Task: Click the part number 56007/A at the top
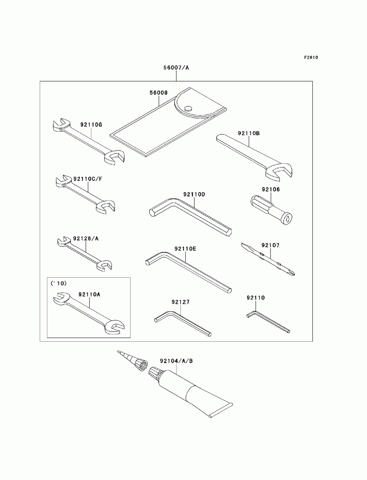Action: pos(177,68)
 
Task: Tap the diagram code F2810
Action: pos(310,58)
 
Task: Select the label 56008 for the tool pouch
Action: pos(158,93)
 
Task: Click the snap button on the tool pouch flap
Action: pos(188,108)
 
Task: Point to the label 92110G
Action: pos(91,124)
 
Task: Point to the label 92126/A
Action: pos(86,238)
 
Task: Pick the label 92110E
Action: pos(185,249)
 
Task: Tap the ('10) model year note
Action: pos(57,283)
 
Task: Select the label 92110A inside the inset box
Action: pos(89,294)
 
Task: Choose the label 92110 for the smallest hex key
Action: pos(256,298)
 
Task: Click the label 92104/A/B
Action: pos(176,361)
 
